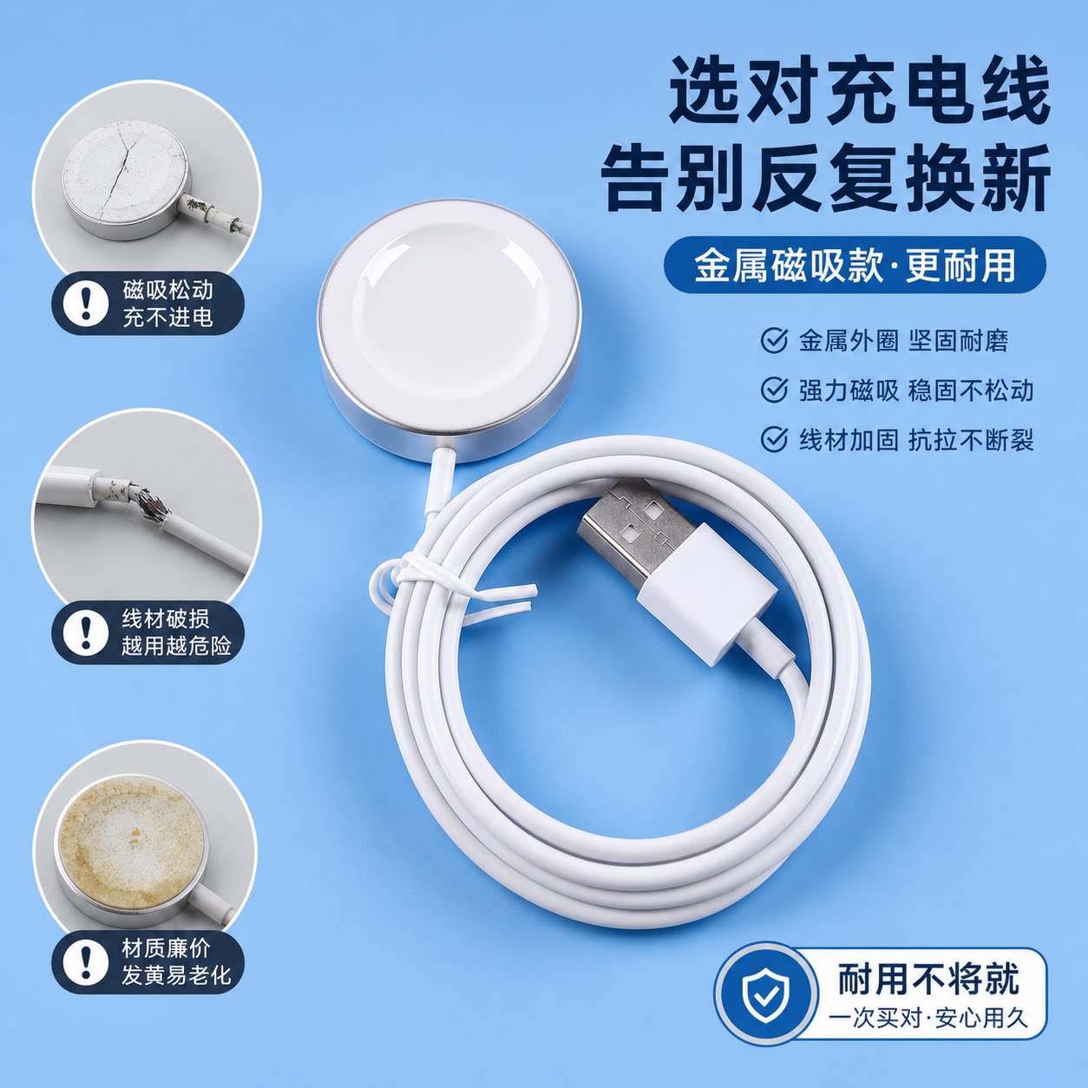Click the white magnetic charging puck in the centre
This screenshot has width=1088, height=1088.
pos(449,331)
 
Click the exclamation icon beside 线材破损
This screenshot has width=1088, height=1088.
pos(86,632)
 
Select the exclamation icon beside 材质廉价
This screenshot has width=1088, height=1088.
pos(86,960)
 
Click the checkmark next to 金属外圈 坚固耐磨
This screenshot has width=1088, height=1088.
pos(774,341)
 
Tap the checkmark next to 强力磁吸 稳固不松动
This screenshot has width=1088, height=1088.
pos(774,390)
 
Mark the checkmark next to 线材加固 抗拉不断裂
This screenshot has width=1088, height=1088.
pos(774,439)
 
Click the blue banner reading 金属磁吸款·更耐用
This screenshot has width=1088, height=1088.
pos(855,265)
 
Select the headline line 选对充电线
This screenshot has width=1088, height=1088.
pos(859,91)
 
